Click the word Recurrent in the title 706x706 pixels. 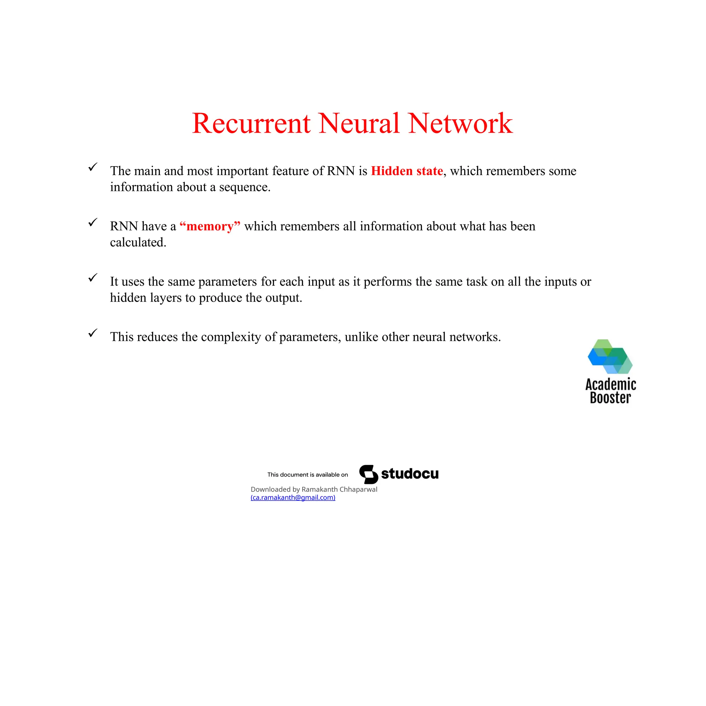coord(251,123)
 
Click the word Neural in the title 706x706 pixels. coord(359,123)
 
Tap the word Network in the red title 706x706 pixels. coord(461,123)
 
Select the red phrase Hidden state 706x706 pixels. coord(407,171)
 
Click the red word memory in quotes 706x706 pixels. coord(210,226)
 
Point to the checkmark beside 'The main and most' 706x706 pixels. coord(93,167)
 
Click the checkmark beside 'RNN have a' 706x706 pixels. coord(93,222)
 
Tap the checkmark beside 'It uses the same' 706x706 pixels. coord(93,278)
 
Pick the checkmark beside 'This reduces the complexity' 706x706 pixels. coord(93,333)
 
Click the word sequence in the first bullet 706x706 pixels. coord(244,188)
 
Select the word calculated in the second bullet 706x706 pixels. coord(138,242)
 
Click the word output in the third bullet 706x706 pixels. coord(283,298)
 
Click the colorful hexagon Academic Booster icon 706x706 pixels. coord(610,356)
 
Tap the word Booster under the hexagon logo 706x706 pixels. coord(610,398)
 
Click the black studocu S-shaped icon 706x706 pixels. coord(369,474)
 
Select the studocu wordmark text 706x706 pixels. coord(410,474)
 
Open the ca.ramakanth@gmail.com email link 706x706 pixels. coord(293,497)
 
